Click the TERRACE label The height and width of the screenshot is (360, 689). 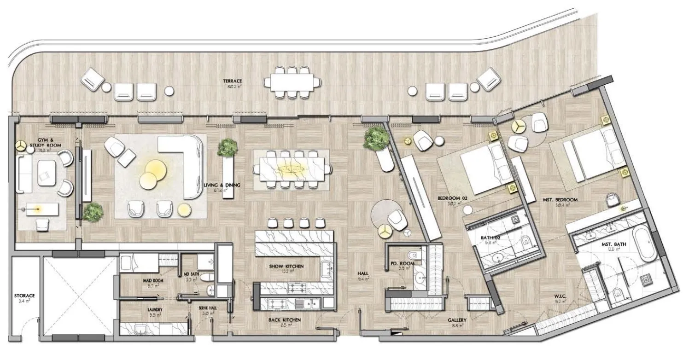(x=234, y=81)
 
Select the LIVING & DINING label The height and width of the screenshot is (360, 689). (x=222, y=186)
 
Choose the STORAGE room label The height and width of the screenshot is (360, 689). (x=24, y=296)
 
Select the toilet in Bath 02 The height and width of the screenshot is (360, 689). (x=526, y=241)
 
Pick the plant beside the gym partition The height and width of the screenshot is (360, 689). (x=92, y=211)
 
